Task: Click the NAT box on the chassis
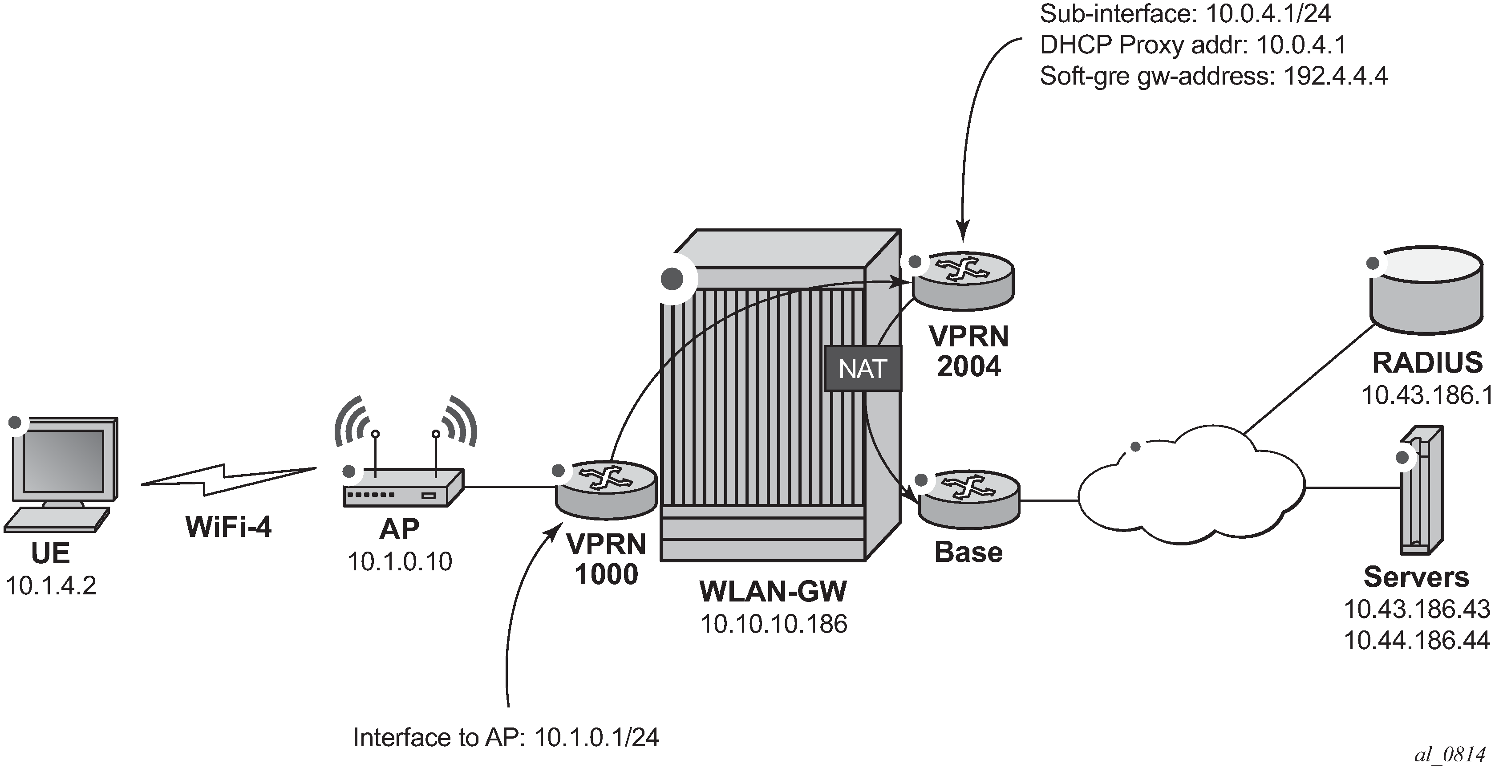pos(863,369)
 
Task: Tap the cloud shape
pos(1190,488)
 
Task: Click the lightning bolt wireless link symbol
pos(229,479)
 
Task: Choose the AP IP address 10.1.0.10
pos(400,561)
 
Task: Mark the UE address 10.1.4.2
pos(51,586)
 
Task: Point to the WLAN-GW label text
pos(773,592)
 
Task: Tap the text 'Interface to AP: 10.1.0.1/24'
pos(506,738)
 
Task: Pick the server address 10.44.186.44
pos(1417,640)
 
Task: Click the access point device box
pos(403,488)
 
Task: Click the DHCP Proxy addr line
pos(1193,45)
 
